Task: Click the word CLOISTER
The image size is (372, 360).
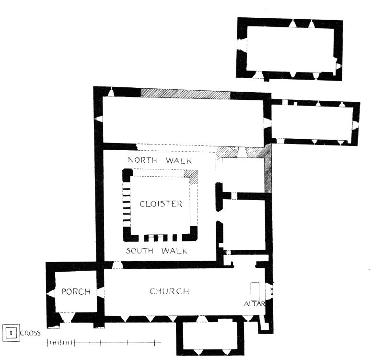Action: tap(161, 204)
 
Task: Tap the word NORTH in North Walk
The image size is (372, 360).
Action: tap(142, 160)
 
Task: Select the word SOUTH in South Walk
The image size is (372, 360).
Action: tap(139, 251)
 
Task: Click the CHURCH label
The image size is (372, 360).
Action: tap(169, 291)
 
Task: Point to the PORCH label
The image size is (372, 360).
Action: tap(76, 291)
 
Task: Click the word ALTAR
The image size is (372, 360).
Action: tap(254, 304)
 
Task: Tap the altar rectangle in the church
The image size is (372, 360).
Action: tap(255, 291)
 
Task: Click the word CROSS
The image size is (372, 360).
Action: tap(30, 333)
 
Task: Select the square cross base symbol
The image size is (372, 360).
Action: tap(11, 333)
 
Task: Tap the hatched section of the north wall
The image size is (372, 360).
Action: tap(186, 94)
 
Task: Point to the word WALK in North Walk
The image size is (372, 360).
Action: tap(179, 161)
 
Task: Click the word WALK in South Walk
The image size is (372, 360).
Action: tap(174, 251)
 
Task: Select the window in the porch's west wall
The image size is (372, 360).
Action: tap(51, 294)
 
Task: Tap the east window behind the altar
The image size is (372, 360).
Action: tap(269, 291)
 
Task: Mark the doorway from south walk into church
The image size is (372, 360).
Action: tap(117, 265)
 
